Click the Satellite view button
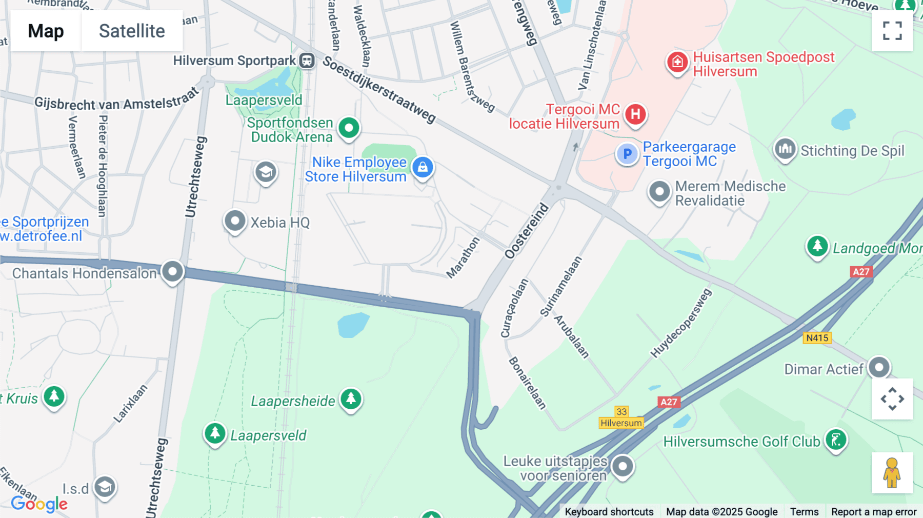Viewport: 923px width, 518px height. tap(132, 31)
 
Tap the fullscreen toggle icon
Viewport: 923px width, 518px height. tap(892, 31)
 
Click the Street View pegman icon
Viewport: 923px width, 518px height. tap(892, 473)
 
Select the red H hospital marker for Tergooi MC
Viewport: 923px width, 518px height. tap(635, 114)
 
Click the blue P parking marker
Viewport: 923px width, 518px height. tap(627, 153)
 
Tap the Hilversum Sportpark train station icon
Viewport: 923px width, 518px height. tap(307, 61)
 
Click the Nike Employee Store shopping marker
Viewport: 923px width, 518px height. tap(423, 167)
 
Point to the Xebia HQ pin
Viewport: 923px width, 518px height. tap(235, 221)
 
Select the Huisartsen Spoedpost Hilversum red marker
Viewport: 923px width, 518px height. tap(677, 62)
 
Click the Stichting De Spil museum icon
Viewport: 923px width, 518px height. tap(785, 149)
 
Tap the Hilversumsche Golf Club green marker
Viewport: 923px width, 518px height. tap(836, 440)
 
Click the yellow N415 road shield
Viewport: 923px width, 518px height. tap(817, 338)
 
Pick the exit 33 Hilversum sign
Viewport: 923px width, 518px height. tap(621, 417)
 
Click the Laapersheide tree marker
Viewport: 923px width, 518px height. tap(351, 399)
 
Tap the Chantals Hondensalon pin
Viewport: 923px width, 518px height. tap(172, 271)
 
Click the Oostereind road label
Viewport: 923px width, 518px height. tap(527, 231)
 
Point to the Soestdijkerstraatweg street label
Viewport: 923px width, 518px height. tap(379, 90)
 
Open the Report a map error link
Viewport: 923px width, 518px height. tap(873, 511)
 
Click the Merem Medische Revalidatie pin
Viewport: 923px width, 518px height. tap(659, 192)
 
